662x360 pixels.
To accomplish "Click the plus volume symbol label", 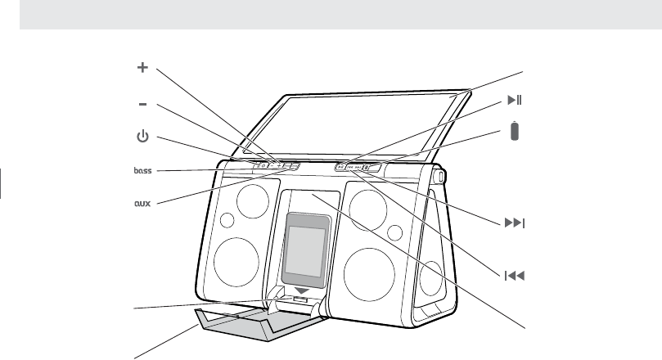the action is point(142,69).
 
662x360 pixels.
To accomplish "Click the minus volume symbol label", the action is point(142,105).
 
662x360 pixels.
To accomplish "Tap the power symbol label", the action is point(142,137).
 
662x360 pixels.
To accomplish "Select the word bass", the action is point(143,171).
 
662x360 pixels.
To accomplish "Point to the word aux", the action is point(143,201).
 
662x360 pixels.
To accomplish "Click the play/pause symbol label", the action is point(514,101).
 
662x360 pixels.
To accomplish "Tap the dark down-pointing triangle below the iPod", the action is point(304,290).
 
